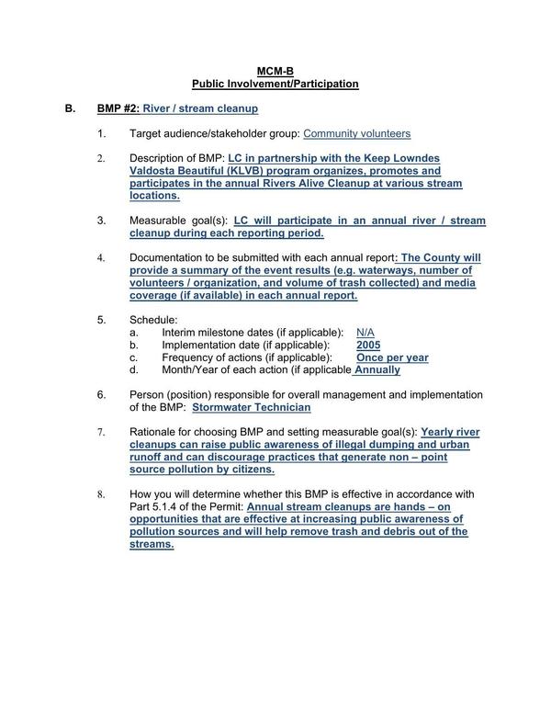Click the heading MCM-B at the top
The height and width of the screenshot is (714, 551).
275,71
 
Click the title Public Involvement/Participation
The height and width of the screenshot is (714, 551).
275,84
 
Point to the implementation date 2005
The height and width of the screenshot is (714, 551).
368,345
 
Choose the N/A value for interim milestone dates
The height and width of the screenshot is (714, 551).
365,332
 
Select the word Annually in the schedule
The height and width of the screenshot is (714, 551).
377,370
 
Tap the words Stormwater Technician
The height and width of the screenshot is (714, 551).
252,407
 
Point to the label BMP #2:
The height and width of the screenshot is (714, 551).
118,108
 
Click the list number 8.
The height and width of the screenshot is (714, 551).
102,494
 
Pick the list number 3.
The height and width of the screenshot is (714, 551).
102,221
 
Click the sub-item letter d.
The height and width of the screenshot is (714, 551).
134,370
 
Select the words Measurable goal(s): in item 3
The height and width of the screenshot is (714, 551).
179,221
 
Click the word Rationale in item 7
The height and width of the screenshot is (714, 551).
154,432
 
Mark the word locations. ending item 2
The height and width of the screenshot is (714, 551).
154,196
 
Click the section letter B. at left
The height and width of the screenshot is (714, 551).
70,108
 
